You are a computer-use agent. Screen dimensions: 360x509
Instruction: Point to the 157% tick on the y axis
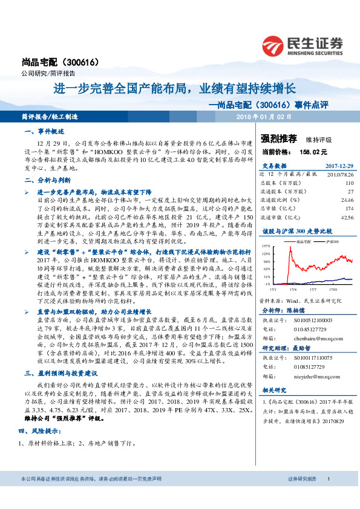pos(266,247)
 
